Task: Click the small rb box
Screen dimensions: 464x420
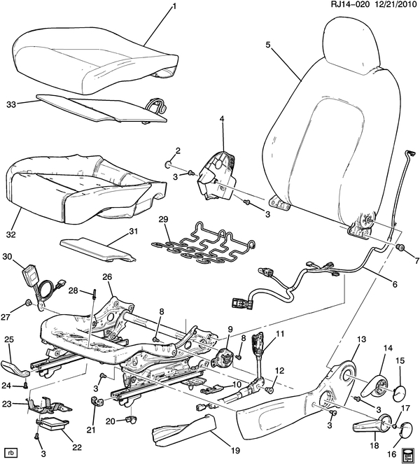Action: click(10, 451)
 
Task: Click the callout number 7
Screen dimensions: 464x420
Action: click(412, 260)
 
